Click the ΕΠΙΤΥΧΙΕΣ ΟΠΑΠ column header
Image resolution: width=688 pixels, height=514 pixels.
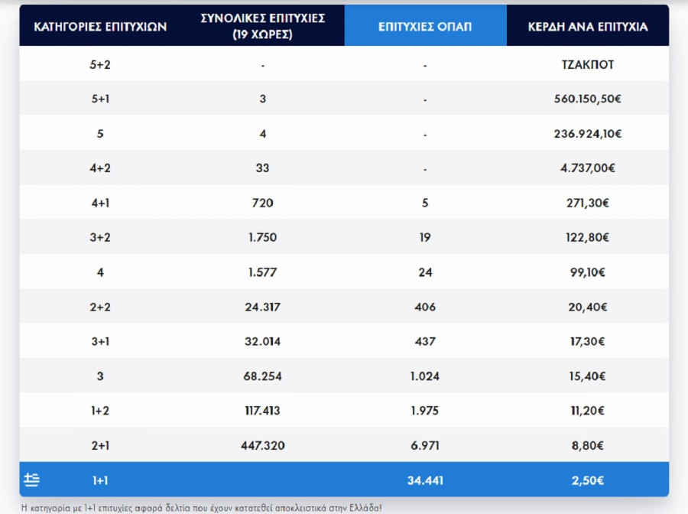[425, 26]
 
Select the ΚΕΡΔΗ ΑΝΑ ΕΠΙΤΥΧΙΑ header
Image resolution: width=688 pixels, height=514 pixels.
[587, 26]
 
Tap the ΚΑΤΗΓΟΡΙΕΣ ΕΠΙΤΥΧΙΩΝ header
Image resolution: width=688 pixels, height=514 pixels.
[100, 26]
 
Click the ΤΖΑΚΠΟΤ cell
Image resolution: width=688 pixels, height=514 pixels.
[587, 65]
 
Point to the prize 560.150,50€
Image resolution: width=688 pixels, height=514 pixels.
[587, 99]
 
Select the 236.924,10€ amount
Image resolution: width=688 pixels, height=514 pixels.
[587, 134]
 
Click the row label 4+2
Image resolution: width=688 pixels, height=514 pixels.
[100, 168]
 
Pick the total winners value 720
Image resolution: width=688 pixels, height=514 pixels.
[262, 203]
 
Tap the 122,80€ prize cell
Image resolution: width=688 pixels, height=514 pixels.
[587, 238]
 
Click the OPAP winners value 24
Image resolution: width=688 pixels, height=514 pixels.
[425, 272]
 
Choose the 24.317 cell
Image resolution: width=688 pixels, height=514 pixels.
[262, 307]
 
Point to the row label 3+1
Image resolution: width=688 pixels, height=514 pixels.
[100, 342]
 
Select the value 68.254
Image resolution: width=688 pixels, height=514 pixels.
[262, 376]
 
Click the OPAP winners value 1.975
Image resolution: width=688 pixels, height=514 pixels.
[425, 411]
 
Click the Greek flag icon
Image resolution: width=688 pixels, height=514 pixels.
[31, 480]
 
